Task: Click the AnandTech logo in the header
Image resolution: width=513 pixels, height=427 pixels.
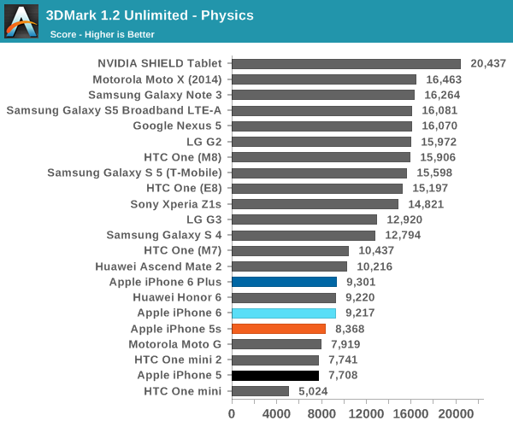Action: (x=21, y=22)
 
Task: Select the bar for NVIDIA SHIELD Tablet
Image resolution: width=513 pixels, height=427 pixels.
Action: (x=346, y=64)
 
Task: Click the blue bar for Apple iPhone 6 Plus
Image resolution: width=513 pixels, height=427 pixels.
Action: (x=284, y=282)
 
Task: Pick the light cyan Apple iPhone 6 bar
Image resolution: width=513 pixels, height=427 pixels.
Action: (x=283, y=313)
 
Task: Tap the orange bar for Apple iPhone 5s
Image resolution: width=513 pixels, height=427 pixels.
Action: (x=279, y=329)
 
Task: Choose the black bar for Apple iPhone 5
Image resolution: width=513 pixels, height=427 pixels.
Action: (x=274, y=375)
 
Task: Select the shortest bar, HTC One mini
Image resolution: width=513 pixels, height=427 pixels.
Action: (x=260, y=391)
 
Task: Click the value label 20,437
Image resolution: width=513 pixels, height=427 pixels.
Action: (x=488, y=64)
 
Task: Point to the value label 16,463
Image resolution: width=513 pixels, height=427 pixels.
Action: (x=444, y=79)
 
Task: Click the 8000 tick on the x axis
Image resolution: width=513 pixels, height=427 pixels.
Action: (x=321, y=413)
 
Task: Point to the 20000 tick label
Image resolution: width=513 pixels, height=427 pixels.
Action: (x=456, y=413)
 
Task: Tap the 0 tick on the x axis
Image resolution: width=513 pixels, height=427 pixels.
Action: (x=232, y=413)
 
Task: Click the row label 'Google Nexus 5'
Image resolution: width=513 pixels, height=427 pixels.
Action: (x=177, y=126)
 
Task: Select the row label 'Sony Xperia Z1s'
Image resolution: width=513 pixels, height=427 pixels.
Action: (x=175, y=204)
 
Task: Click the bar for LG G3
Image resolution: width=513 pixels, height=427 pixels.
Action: (x=304, y=219)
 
